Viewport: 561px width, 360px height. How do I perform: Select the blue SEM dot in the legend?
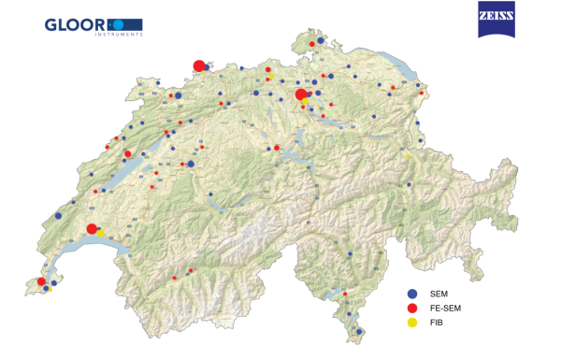412,294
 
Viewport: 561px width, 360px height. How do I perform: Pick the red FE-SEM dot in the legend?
412,308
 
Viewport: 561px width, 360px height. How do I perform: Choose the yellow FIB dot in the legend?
412,322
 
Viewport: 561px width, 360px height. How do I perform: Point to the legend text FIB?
436,322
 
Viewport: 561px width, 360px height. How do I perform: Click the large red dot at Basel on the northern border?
198,65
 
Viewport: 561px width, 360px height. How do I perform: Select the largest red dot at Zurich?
300,94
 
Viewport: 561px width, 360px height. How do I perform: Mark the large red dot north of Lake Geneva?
92,229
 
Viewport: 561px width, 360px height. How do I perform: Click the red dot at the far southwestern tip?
41,281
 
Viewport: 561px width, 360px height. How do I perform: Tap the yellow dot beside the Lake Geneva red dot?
101,234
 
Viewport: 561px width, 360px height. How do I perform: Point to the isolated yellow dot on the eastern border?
408,155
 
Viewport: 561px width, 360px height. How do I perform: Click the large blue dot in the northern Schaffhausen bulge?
320,41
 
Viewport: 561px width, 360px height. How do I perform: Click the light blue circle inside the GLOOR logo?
119,23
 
